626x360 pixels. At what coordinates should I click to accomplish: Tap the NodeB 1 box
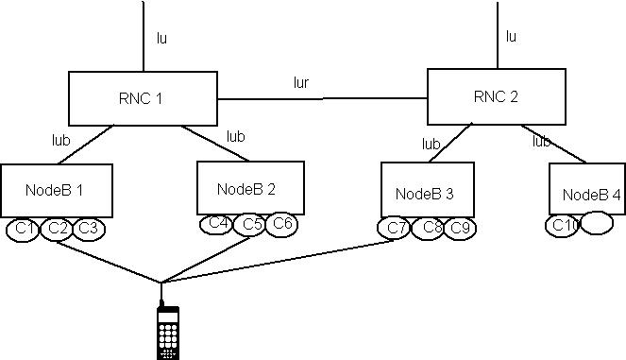pos(56,191)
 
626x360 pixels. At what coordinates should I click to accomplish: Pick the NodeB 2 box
pos(250,187)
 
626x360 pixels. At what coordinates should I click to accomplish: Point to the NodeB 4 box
pos(585,194)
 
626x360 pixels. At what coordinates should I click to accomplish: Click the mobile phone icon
pos(168,331)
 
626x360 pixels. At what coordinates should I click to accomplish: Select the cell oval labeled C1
pos(24,229)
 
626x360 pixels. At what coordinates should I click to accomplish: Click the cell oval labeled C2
pos(57,229)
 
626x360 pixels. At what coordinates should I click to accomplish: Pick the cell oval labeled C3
pos(88,229)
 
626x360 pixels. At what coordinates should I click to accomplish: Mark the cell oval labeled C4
pos(217,224)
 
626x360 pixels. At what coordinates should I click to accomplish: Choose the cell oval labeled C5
pos(250,225)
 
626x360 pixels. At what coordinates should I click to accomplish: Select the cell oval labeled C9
pos(460,229)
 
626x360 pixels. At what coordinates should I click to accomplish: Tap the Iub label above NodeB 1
pos(60,140)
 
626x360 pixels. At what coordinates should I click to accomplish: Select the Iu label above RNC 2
pos(511,37)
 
